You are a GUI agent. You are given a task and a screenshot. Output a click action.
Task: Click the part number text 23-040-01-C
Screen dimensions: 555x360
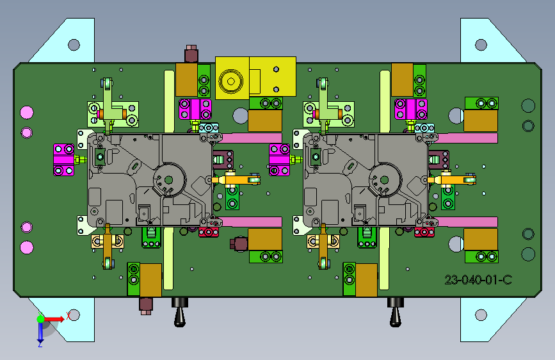tap(478, 280)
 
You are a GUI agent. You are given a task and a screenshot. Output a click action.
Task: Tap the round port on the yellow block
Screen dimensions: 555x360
tap(231, 81)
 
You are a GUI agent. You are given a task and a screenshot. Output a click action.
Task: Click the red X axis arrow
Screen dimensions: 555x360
tap(54, 319)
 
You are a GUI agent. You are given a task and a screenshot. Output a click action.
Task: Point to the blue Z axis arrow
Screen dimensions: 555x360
tap(40, 332)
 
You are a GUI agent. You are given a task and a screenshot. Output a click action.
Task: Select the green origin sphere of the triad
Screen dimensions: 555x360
tap(41, 319)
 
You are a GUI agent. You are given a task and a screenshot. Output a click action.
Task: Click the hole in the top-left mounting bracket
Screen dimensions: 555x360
tap(74, 45)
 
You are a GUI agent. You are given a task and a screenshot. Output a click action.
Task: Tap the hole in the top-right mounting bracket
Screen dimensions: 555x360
tap(481, 45)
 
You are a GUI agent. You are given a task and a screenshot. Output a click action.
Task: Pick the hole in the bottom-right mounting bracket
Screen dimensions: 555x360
tap(481, 315)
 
